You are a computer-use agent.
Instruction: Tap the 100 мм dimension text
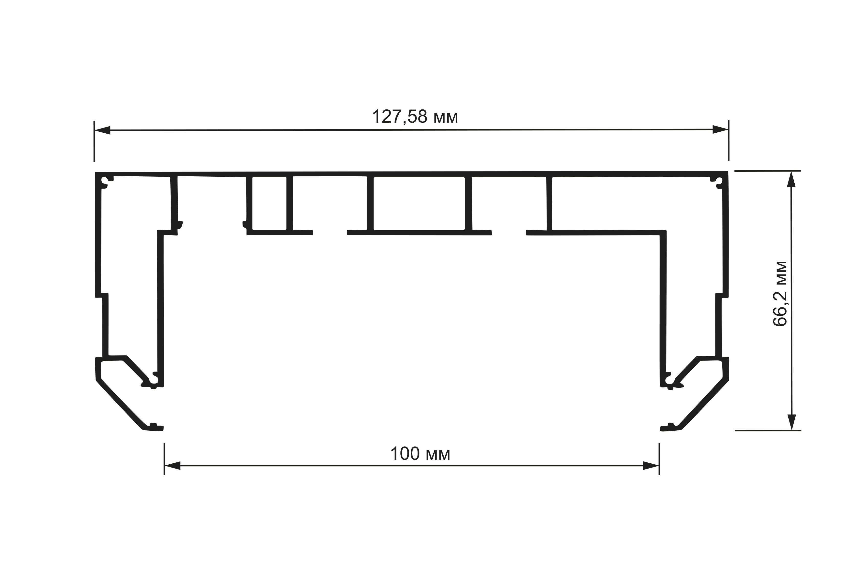(x=420, y=454)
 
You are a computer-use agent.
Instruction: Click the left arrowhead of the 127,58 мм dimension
(x=102, y=130)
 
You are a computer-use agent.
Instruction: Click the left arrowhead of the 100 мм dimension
(x=172, y=466)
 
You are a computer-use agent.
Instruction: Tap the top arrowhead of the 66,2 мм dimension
(x=791, y=179)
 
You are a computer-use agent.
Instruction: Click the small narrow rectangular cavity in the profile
(x=269, y=203)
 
